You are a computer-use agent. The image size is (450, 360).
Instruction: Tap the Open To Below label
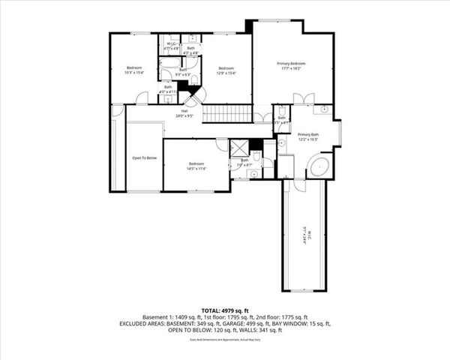(x=144, y=157)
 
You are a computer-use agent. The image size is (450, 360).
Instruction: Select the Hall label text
(x=184, y=111)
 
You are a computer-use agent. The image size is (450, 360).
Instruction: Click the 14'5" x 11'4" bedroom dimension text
(x=196, y=169)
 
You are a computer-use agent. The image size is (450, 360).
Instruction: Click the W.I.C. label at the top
(x=172, y=43)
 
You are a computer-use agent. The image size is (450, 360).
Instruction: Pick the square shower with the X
(x=239, y=148)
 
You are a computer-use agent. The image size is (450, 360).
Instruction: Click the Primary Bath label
(x=308, y=134)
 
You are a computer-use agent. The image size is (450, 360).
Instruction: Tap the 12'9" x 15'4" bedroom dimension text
(x=226, y=73)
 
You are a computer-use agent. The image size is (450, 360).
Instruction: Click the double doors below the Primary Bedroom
(x=302, y=99)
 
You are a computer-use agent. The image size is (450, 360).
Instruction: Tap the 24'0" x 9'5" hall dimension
(x=184, y=116)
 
